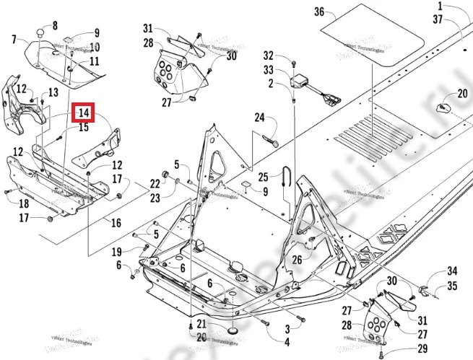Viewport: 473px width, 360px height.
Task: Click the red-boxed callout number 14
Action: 83,113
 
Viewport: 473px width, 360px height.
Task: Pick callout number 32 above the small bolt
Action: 268,56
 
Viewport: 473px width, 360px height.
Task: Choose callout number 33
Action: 268,70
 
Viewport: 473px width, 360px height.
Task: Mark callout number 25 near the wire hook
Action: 264,177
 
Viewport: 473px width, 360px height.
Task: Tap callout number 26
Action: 296,260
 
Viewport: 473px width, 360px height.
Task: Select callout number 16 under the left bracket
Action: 116,223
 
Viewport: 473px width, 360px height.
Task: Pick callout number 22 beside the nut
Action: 155,184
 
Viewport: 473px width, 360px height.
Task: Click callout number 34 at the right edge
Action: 452,271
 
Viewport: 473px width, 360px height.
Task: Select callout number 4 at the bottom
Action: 287,341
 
